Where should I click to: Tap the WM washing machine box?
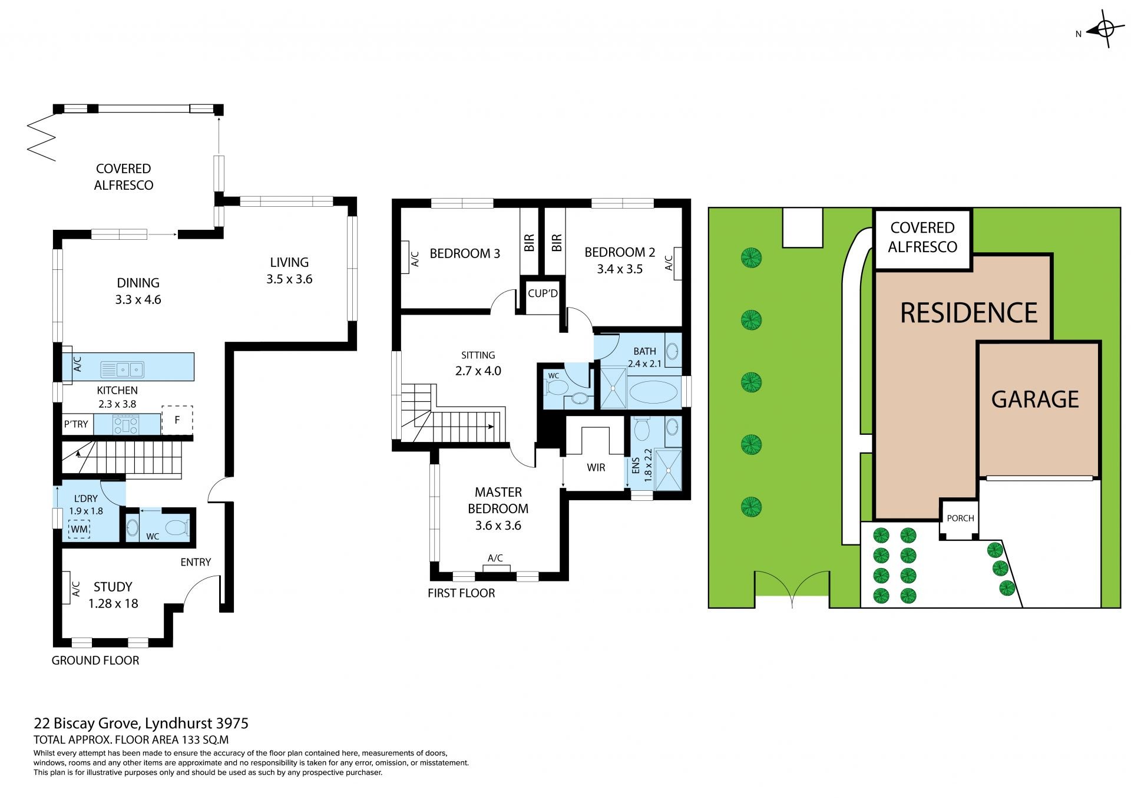79,529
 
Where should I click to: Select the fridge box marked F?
177,420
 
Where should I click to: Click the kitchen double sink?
122,369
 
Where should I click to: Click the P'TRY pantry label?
76,424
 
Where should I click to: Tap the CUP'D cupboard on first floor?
543,293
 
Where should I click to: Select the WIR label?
596,467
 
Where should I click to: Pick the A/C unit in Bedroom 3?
405,257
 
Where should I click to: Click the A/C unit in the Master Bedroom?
496,567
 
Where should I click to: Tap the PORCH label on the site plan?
960,518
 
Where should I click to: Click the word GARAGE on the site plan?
1035,399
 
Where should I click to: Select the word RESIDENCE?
968,313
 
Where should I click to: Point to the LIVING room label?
289,262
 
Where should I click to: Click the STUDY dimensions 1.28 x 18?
113,603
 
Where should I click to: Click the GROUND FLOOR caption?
95,660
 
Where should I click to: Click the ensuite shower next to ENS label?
667,470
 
